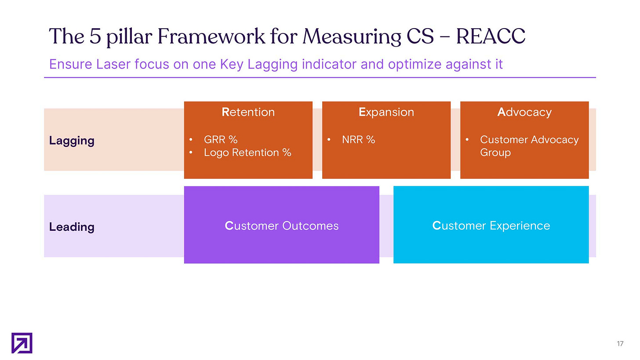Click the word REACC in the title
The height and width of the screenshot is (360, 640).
(491, 36)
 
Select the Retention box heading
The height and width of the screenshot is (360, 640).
(248, 112)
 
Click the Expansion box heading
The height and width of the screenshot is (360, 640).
(386, 112)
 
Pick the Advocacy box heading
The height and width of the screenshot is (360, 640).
(524, 112)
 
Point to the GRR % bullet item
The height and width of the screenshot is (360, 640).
(221, 140)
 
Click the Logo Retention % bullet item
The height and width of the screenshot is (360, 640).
(247, 153)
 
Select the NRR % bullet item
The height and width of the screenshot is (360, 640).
(359, 140)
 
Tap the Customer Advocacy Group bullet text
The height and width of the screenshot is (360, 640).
(529, 145)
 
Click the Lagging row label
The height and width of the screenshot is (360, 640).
(72, 141)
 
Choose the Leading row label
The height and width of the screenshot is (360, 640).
(72, 227)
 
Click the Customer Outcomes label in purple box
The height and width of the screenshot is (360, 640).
(282, 226)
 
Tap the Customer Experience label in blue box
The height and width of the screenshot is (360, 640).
(491, 226)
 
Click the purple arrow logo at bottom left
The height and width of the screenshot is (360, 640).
(22, 343)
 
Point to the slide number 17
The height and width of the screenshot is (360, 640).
(620, 344)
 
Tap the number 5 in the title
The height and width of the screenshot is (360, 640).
(96, 36)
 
